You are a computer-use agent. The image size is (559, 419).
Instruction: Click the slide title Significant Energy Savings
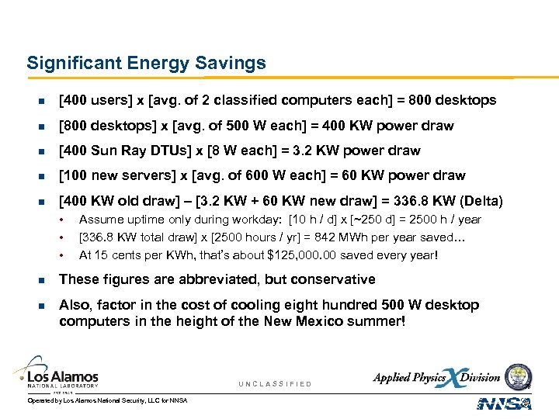(x=146, y=63)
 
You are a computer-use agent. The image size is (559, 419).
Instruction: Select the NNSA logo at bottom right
(x=504, y=403)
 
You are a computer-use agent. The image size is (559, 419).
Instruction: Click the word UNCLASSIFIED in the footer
(x=275, y=384)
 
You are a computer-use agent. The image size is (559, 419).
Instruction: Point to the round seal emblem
(x=518, y=376)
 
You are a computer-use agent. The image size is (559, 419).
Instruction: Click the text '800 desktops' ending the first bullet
(x=457, y=100)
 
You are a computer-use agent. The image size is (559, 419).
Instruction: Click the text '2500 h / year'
(x=446, y=220)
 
